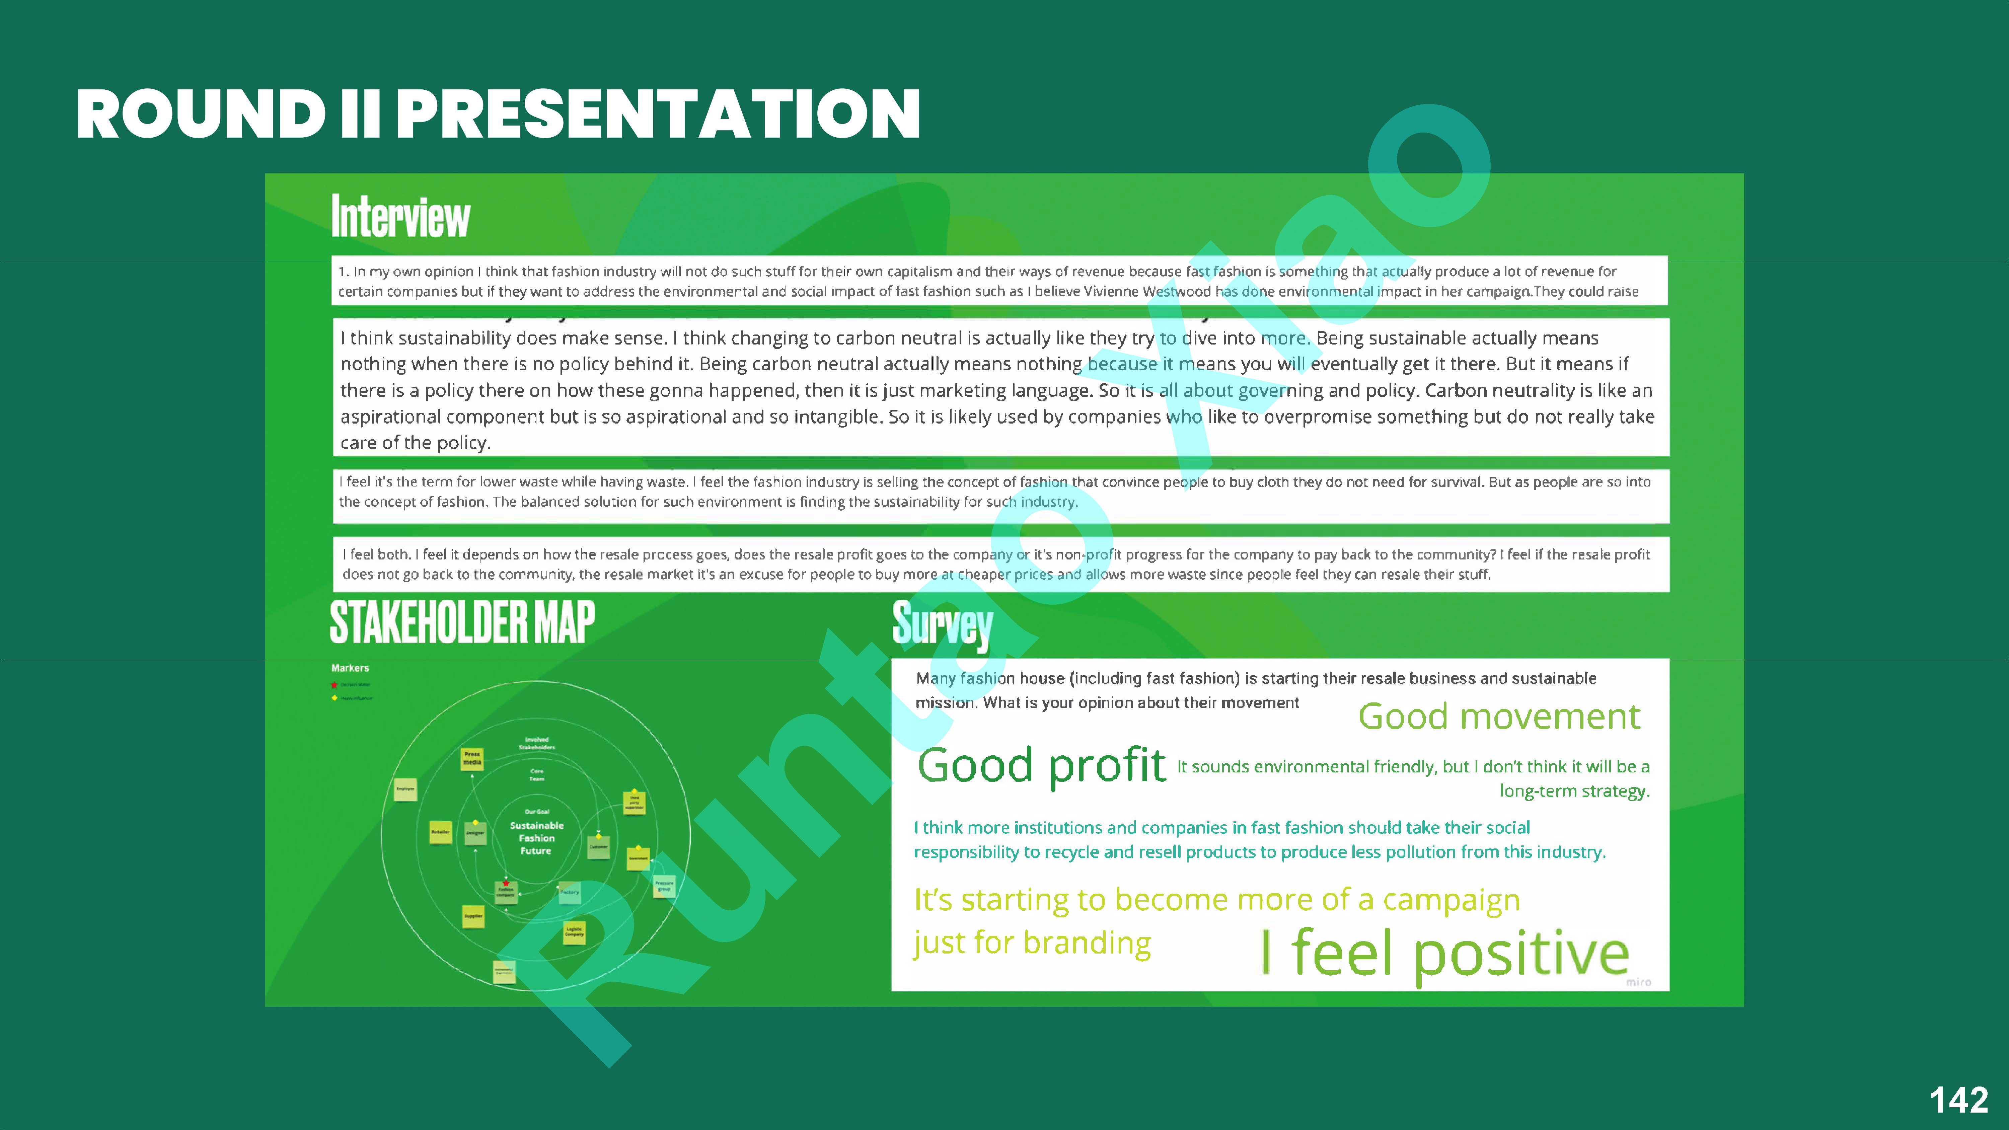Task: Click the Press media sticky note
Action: click(472, 758)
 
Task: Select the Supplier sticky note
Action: click(473, 916)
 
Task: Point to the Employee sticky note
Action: click(405, 789)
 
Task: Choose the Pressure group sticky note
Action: click(664, 886)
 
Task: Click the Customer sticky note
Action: click(598, 847)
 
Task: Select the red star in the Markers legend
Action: click(334, 685)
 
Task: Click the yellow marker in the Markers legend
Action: click(334, 698)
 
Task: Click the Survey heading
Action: click(942, 625)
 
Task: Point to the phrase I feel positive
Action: click(1444, 953)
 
